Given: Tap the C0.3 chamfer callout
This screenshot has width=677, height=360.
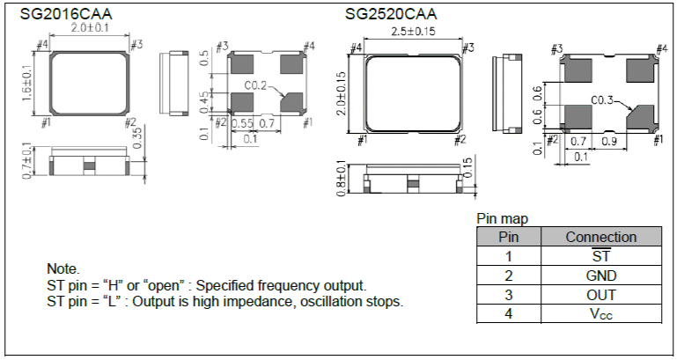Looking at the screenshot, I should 604,99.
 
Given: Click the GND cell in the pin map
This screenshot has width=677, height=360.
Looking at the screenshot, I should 600,276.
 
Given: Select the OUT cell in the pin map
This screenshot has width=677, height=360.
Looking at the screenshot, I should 600,295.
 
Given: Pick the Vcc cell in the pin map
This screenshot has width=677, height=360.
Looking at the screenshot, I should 600,314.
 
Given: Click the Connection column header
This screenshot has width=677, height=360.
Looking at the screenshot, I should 600,237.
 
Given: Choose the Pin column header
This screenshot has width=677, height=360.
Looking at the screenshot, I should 509,237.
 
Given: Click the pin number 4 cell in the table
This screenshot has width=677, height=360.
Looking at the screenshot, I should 509,314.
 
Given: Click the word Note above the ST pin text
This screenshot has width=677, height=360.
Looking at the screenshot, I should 63,268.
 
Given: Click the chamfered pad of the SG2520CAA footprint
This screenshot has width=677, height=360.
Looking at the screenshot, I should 641,115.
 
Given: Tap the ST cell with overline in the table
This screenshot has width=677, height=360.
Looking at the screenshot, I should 600,256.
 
